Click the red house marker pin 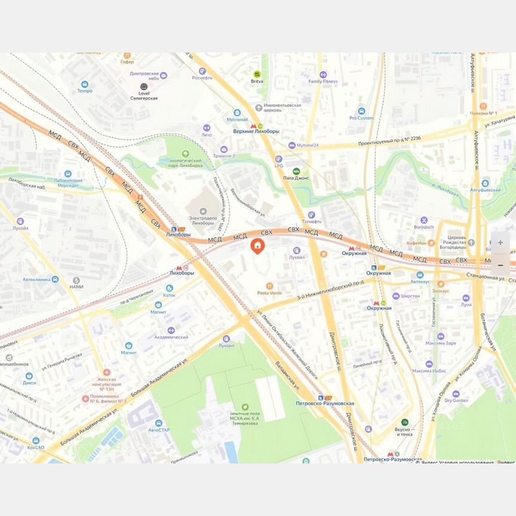click(257, 246)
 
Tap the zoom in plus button click(500, 243)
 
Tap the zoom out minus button click(500, 265)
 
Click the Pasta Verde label click(269, 293)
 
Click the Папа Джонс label click(296, 177)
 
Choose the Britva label click(257, 81)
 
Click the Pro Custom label click(361, 118)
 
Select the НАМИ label click(76, 287)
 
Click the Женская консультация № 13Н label click(106, 380)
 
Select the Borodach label click(424, 228)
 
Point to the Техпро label click(84, 91)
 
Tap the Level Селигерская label click(143, 96)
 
